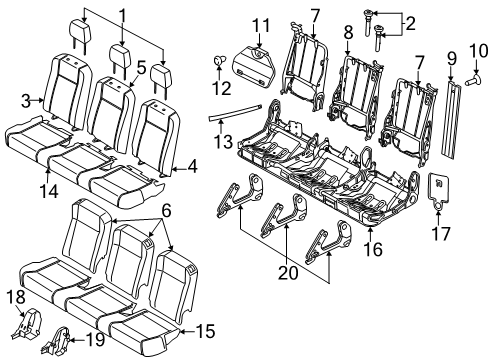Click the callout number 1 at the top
(x=123, y=15)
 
